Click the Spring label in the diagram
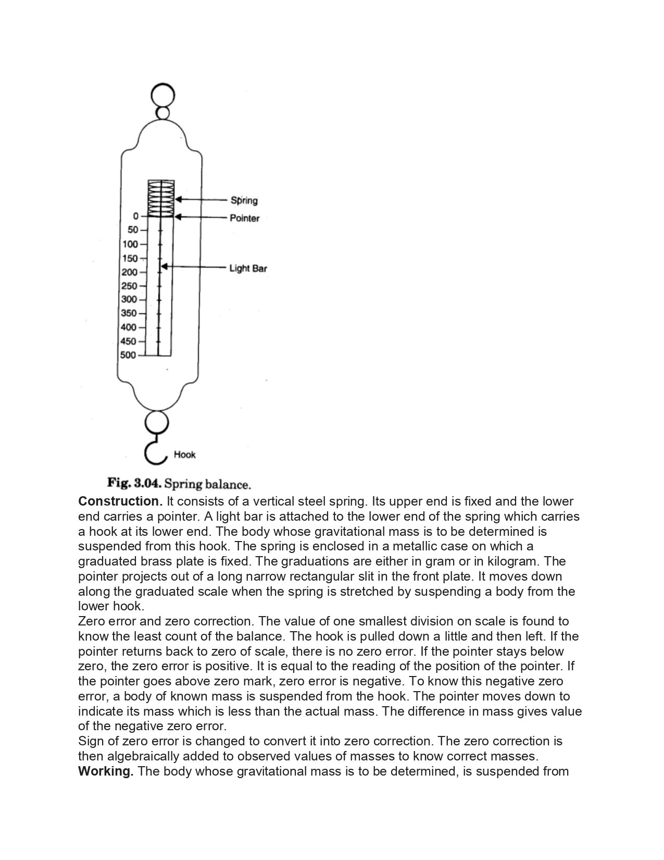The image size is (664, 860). click(x=244, y=200)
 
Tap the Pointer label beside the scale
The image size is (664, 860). click(x=244, y=218)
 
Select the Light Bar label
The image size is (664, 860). click(x=248, y=268)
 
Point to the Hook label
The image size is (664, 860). click(x=184, y=454)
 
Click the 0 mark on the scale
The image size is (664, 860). click(x=135, y=216)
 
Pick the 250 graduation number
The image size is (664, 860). click(x=130, y=286)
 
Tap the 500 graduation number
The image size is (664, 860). click(x=128, y=355)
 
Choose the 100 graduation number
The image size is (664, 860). click(x=130, y=244)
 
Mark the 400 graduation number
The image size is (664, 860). click(x=129, y=327)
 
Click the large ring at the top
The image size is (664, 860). click(x=162, y=95)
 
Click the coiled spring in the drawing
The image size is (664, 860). click(x=161, y=198)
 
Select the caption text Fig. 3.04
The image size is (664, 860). click(x=134, y=484)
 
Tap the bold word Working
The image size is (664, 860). click(x=106, y=771)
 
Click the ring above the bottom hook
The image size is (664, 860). click(x=157, y=422)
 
